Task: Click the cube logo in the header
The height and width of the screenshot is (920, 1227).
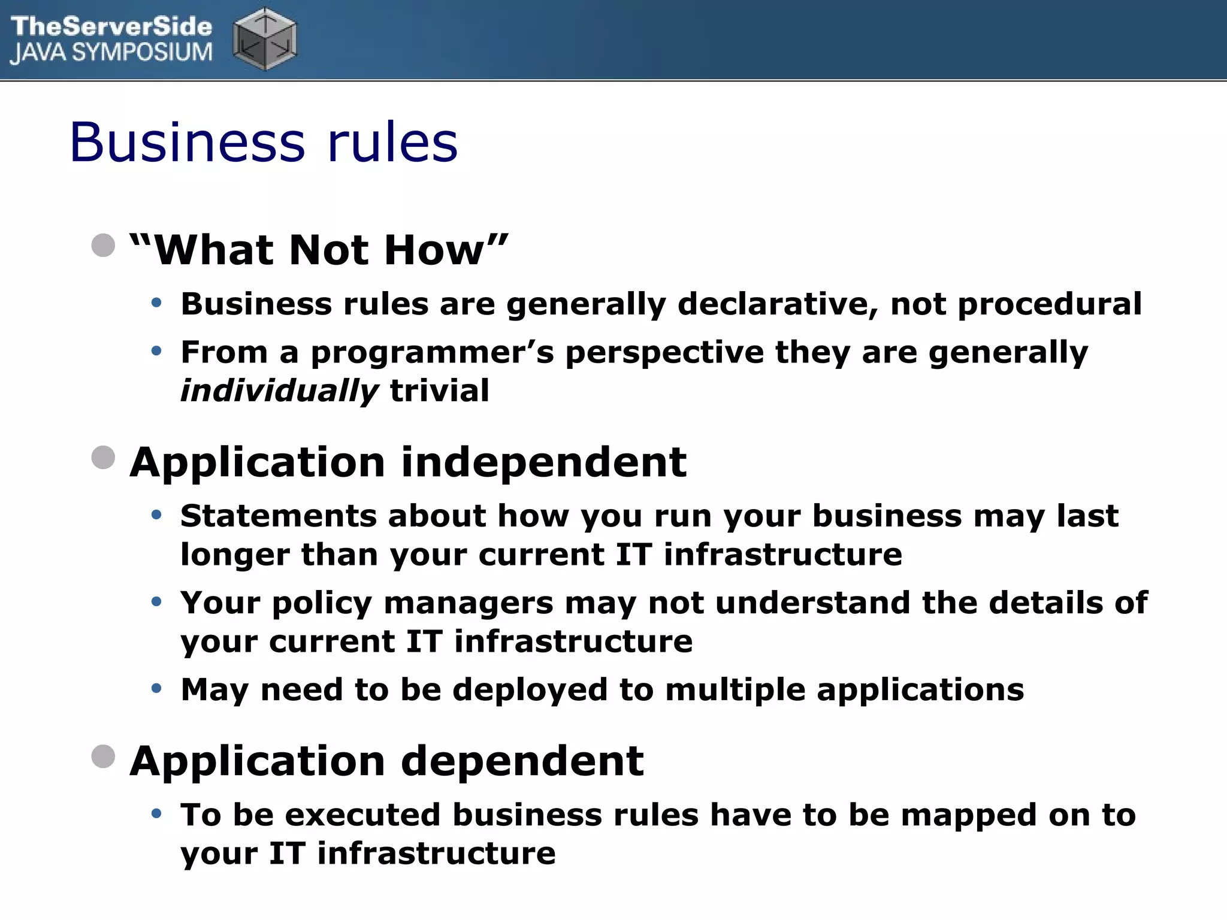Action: pyautogui.click(x=265, y=39)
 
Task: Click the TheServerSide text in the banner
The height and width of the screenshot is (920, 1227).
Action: pyautogui.click(x=111, y=26)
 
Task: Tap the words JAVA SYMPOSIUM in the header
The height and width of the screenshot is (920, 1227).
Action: pyautogui.click(x=111, y=53)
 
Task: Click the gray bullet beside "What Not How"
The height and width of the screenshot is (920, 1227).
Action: pyautogui.click(x=103, y=245)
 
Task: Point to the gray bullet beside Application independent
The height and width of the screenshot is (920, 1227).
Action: pyautogui.click(x=103, y=458)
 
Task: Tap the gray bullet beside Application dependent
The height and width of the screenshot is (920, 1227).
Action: pyautogui.click(x=103, y=756)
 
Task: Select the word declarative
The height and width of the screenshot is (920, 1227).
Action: pyautogui.click(x=778, y=304)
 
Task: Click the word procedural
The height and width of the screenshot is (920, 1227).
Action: pyautogui.click(x=1050, y=305)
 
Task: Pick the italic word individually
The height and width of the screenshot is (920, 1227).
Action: pyautogui.click(x=279, y=391)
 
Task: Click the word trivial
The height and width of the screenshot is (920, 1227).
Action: pyautogui.click(x=440, y=391)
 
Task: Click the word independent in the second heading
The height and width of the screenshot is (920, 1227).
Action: pyautogui.click(x=543, y=462)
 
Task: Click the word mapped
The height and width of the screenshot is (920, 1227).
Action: pyautogui.click(x=969, y=816)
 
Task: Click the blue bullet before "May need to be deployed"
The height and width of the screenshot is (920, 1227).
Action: pyautogui.click(x=157, y=689)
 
